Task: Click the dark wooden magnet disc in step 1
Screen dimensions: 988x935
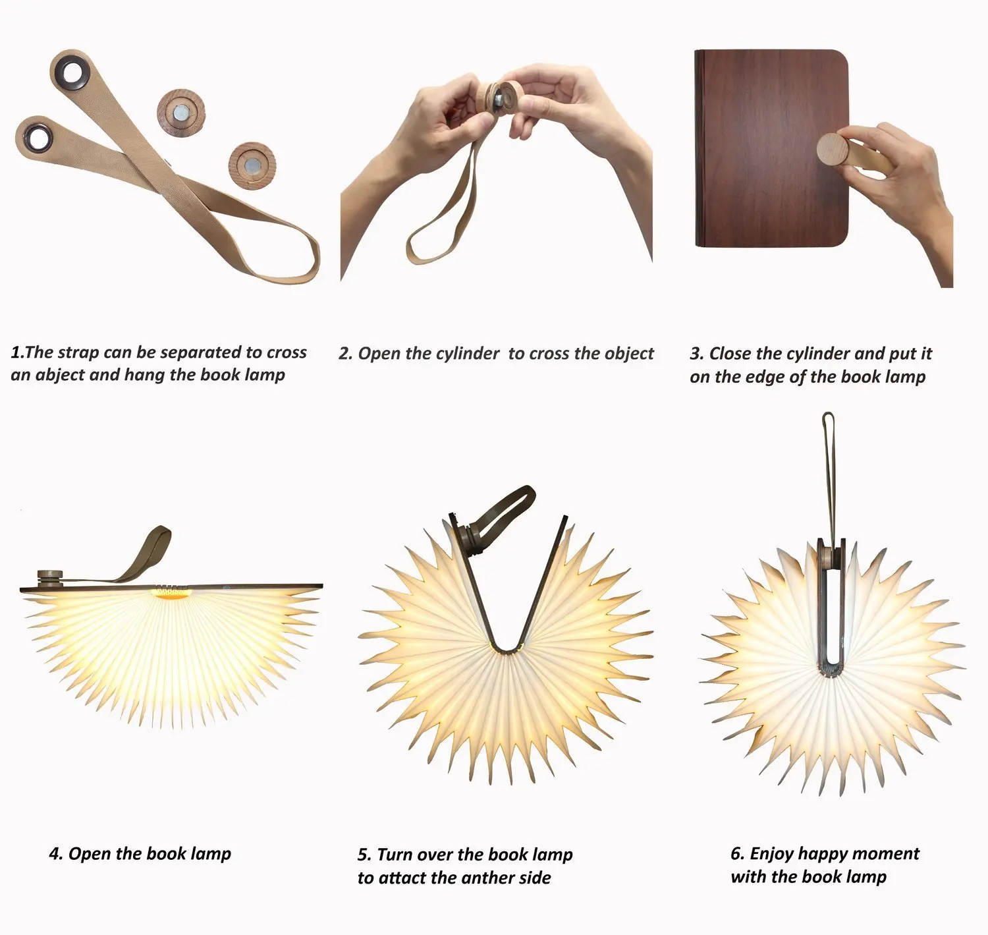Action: pyautogui.click(x=181, y=113)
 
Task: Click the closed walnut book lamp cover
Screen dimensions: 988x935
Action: pyautogui.click(x=771, y=148)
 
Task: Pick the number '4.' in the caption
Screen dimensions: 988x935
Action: pyautogui.click(x=56, y=853)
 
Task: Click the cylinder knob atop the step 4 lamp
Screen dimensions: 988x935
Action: pyautogui.click(x=50, y=578)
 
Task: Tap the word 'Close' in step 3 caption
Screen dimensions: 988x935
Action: pyautogui.click(x=731, y=354)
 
